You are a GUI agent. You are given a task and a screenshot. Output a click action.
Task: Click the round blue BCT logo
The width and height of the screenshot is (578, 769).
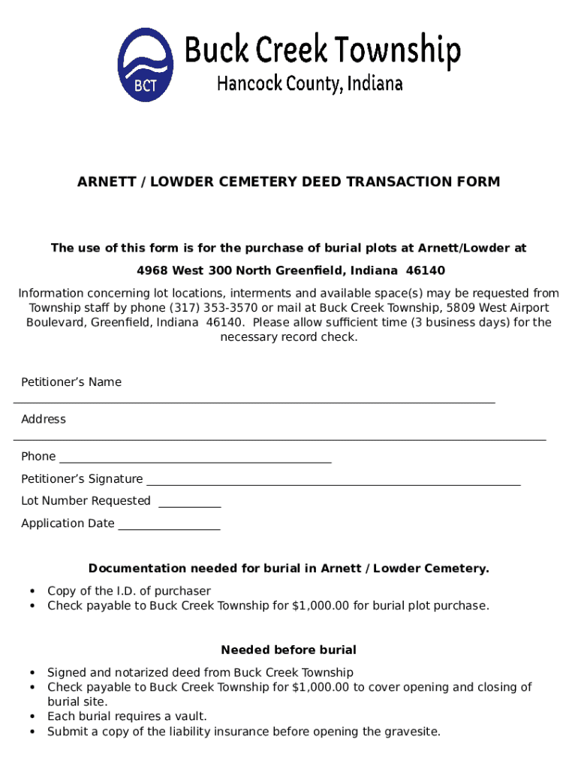(146, 65)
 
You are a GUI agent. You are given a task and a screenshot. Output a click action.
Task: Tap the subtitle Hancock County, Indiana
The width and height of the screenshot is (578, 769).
(310, 83)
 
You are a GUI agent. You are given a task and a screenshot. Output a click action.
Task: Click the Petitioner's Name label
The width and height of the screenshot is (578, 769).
(71, 382)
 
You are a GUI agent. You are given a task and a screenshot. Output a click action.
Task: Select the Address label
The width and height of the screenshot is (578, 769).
(44, 419)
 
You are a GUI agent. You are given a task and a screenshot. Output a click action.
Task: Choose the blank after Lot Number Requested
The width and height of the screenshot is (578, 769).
(190, 505)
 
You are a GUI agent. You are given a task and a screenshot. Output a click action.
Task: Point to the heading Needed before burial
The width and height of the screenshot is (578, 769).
(289, 650)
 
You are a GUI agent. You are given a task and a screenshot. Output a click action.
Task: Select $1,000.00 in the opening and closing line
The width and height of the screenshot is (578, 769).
(321, 687)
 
